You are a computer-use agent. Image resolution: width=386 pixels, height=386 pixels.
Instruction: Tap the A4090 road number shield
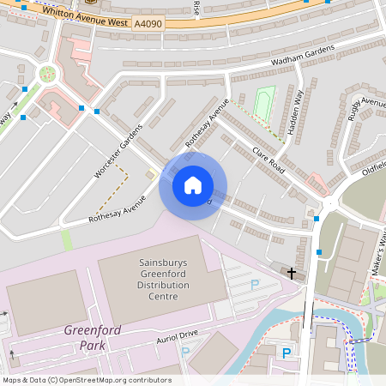tap(148, 27)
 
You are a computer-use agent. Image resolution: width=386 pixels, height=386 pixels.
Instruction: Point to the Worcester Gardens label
tap(112, 155)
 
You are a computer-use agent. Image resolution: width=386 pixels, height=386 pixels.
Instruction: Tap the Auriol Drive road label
tap(177, 334)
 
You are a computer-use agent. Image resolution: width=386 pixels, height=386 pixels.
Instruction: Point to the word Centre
tap(162, 297)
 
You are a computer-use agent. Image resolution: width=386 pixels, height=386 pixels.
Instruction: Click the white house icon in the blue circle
tap(193, 185)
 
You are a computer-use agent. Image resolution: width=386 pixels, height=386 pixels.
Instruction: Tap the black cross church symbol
tap(292, 274)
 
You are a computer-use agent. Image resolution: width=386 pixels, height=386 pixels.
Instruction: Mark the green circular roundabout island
tap(47, 73)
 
